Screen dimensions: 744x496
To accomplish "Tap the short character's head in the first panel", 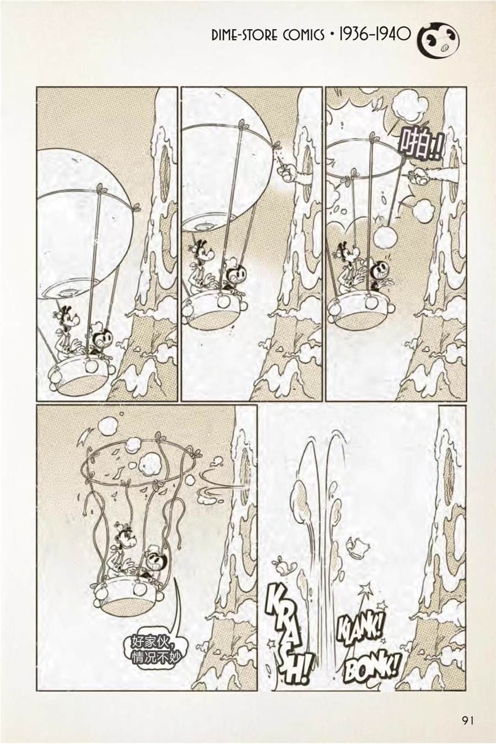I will click(x=103, y=336).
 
